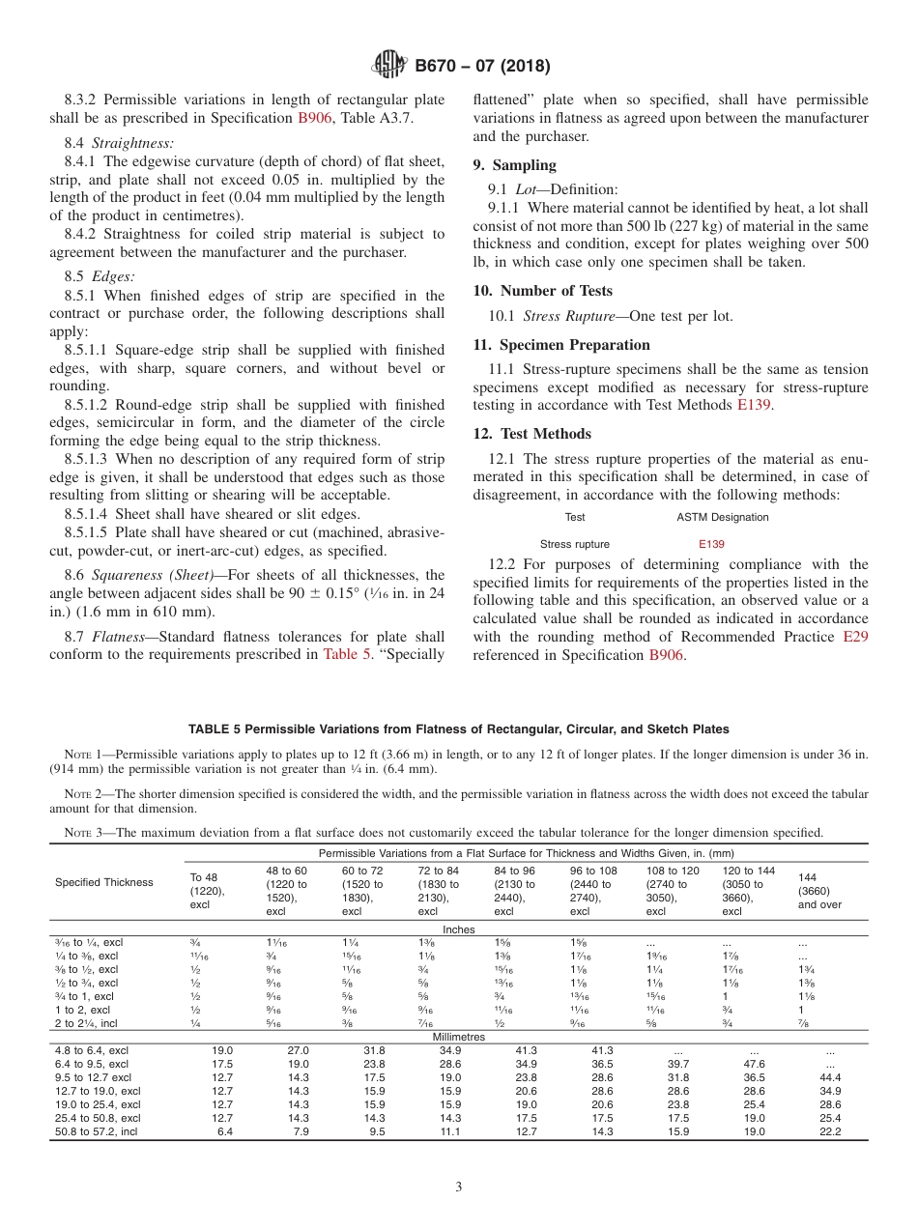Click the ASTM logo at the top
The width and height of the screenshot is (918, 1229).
387,66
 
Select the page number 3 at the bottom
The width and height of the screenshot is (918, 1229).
458,1186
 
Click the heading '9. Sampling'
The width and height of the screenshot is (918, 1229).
514,165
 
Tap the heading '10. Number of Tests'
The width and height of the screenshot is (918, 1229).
542,291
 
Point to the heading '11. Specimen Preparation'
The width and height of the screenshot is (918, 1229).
561,345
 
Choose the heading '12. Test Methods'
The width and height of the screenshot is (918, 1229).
531,434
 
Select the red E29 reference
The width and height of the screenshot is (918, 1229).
855,637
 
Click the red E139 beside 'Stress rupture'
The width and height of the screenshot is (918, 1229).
711,544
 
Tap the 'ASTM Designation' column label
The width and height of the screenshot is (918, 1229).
723,517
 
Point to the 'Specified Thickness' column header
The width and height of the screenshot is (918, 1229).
103,882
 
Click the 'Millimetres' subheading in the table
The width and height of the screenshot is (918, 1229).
458,1037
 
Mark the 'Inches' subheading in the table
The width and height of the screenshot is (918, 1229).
458,929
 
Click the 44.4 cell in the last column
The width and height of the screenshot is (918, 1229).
829,1077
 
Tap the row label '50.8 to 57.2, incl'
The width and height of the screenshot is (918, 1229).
97,1131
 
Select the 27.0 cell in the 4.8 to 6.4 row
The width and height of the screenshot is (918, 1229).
295,1050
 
